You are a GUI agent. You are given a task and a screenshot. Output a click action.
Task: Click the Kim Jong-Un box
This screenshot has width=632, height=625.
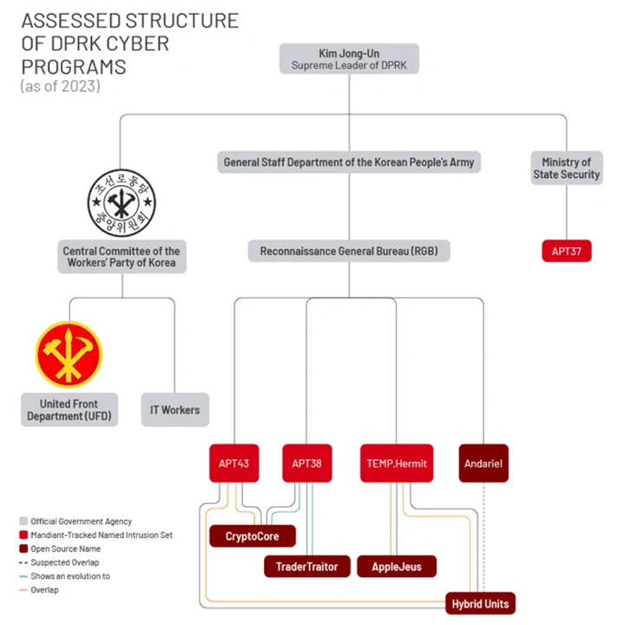(349, 58)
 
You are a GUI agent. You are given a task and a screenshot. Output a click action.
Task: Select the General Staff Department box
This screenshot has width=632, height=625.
(348, 161)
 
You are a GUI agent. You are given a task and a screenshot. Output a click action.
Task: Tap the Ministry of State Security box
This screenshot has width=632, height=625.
(566, 168)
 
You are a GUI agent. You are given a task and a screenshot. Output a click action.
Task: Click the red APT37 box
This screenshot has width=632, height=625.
(566, 252)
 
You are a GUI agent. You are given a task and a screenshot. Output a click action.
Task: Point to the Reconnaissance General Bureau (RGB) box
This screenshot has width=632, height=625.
(348, 252)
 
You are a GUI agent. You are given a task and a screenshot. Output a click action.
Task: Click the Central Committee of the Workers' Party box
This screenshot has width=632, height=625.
(122, 257)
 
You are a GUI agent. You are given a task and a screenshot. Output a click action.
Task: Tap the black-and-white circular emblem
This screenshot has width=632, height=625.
(122, 203)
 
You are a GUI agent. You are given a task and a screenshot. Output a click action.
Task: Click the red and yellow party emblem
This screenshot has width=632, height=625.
(69, 355)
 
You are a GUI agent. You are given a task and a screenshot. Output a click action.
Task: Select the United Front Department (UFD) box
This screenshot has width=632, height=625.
(69, 410)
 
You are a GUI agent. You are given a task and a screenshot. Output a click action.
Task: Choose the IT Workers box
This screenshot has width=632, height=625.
(174, 410)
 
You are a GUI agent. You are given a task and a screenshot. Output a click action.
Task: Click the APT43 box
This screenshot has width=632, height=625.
(234, 464)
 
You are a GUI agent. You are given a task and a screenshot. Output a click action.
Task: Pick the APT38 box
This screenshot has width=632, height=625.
(307, 464)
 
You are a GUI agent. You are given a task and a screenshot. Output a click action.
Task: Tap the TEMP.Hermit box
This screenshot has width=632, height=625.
(396, 464)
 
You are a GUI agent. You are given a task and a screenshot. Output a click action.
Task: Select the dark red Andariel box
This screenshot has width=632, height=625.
(483, 464)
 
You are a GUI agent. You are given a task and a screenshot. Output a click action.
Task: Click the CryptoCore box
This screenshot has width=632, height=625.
(252, 536)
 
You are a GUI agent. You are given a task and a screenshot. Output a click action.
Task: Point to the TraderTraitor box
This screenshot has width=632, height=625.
(306, 567)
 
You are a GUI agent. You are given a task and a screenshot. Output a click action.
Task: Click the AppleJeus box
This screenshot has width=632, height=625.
(397, 567)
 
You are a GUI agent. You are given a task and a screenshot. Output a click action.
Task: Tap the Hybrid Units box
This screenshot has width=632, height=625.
(481, 603)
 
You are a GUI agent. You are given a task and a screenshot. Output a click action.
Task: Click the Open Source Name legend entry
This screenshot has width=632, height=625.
(65, 549)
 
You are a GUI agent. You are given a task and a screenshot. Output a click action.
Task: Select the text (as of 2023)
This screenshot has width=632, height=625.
(60, 86)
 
